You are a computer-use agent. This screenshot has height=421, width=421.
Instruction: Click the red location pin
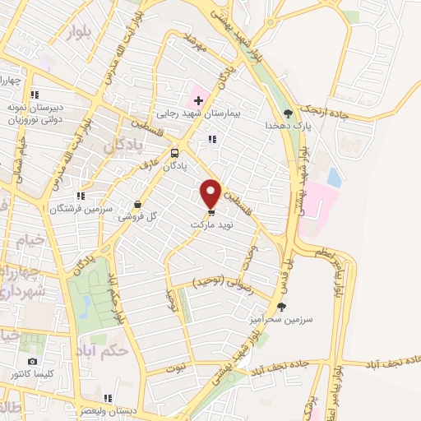click(x=211, y=192)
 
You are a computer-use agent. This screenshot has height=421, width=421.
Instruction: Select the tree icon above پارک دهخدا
click(x=287, y=113)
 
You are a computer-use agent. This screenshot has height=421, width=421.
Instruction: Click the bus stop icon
click(x=174, y=153)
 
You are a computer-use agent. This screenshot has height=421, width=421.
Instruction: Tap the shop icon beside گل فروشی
click(x=137, y=205)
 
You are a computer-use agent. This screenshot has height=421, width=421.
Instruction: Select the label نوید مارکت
click(x=212, y=224)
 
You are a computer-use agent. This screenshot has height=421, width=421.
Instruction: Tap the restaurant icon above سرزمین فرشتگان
click(x=80, y=196)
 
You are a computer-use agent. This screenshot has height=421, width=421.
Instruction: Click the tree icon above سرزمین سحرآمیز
click(x=281, y=307)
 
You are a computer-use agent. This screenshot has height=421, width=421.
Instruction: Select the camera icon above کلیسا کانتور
click(x=32, y=362)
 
